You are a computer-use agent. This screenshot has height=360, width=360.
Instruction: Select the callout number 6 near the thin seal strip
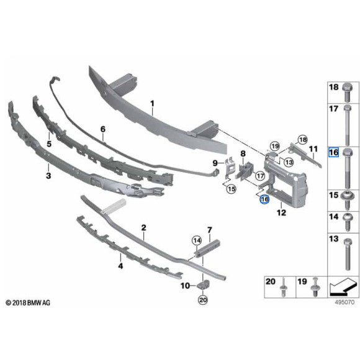[103, 129]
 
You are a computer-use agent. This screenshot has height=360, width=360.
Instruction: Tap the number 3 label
[48, 176]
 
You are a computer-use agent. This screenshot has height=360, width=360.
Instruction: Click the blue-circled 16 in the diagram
[264, 200]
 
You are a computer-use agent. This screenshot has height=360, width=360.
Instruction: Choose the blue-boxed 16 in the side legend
[333, 153]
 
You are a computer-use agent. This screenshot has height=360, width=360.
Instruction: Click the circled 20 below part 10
[202, 300]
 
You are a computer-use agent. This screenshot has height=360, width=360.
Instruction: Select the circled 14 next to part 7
[197, 240]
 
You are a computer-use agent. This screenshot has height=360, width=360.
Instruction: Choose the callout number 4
[120, 266]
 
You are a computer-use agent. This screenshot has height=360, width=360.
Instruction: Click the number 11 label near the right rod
[313, 149]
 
